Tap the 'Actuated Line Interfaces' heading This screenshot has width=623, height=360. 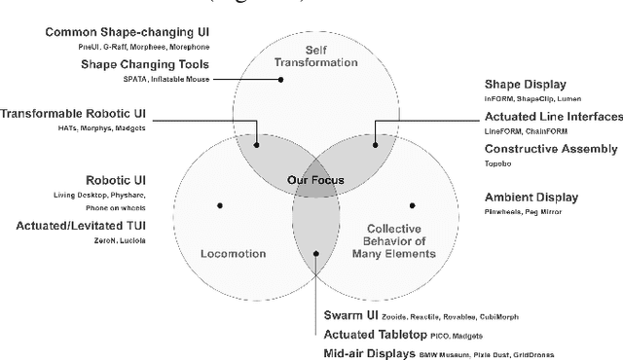553,116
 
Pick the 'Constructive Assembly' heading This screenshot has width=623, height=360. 549,149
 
